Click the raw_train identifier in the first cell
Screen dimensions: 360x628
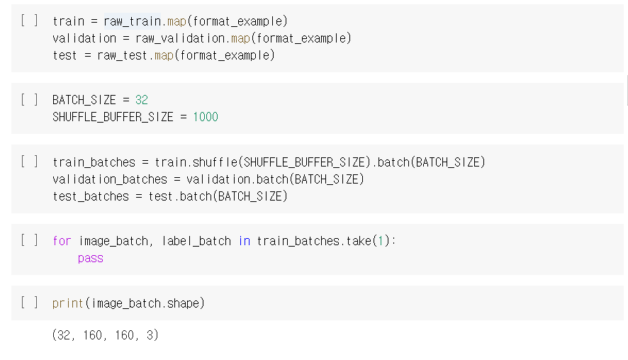click(x=131, y=21)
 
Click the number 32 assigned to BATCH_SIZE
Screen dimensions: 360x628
click(x=141, y=100)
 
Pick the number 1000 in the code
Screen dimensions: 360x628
click(x=205, y=117)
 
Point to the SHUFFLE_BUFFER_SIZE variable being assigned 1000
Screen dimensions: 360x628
click(x=113, y=117)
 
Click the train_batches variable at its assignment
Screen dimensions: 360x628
click(x=94, y=162)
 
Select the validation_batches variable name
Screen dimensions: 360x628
click(x=110, y=179)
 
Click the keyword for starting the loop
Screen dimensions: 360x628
click(x=62, y=241)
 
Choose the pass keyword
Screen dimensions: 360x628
click(x=91, y=259)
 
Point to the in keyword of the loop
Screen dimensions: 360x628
click(x=244, y=241)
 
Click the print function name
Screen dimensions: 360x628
click(x=68, y=303)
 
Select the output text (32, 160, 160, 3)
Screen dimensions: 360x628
click(x=105, y=335)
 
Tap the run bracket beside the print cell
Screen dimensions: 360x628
click(x=30, y=303)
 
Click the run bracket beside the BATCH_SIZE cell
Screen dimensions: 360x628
click(x=30, y=99)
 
